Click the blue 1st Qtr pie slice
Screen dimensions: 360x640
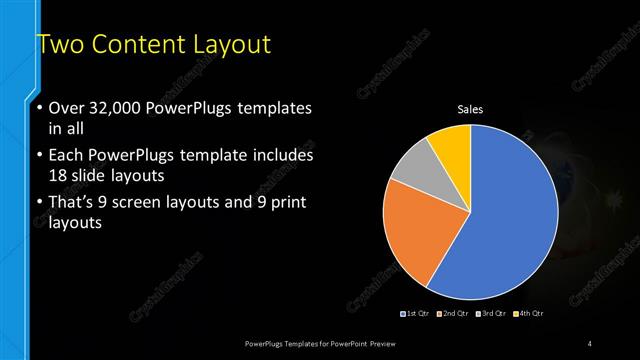tap(500, 220)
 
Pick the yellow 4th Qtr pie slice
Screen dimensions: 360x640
tap(451, 146)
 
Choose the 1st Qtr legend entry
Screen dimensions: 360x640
tap(416, 314)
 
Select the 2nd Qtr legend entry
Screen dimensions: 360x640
tap(454, 314)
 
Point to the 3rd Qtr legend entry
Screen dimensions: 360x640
tap(493, 314)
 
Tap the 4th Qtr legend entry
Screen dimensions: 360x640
tap(530, 314)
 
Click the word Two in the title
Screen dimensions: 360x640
tap(57, 46)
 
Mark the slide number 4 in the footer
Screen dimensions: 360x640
tap(590, 344)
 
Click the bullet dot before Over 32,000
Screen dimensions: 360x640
tap(40, 108)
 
